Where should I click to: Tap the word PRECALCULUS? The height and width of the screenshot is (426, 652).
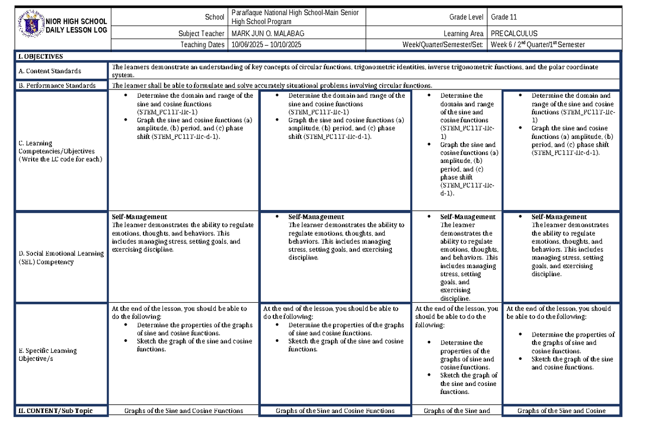coord(514,34)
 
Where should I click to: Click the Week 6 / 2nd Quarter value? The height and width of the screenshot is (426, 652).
coord(537,44)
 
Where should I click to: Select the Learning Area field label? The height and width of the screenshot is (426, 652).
coord(463,34)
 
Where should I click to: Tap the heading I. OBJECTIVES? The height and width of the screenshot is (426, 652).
coord(41,56)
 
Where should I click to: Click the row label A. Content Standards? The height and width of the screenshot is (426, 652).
coord(50,71)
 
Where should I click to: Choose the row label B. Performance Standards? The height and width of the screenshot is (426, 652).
coord(57,85)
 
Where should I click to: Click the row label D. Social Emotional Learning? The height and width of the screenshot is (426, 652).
coord(61,257)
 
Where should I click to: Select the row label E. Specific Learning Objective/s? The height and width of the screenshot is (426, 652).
coord(48,354)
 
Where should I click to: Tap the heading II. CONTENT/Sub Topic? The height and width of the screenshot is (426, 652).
coord(55,411)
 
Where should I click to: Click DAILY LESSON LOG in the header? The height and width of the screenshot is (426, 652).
coord(76,30)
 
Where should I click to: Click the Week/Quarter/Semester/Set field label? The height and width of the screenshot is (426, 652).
coord(442,44)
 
